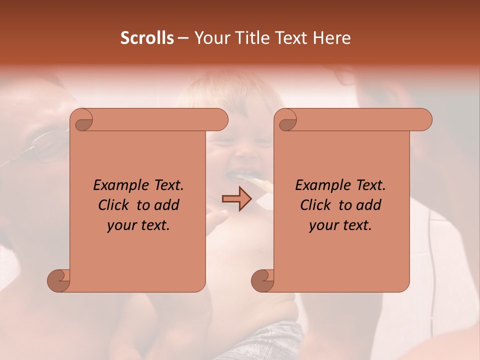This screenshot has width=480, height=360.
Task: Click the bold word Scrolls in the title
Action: coord(147,38)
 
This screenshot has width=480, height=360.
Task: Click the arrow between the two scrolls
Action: coord(236,199)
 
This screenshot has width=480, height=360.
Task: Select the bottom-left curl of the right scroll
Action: coord(263,280)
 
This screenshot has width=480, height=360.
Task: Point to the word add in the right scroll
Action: coord(369,205)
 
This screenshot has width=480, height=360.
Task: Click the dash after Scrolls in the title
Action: coord(183,38)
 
